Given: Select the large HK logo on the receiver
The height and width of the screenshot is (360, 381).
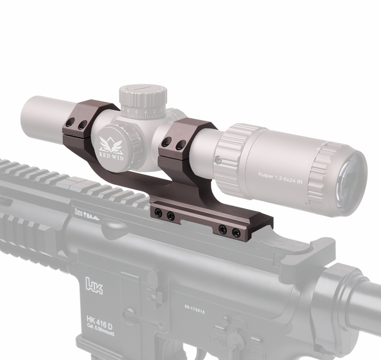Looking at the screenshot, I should (93, 285).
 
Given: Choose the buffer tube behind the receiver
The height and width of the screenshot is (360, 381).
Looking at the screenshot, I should (362, 296).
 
